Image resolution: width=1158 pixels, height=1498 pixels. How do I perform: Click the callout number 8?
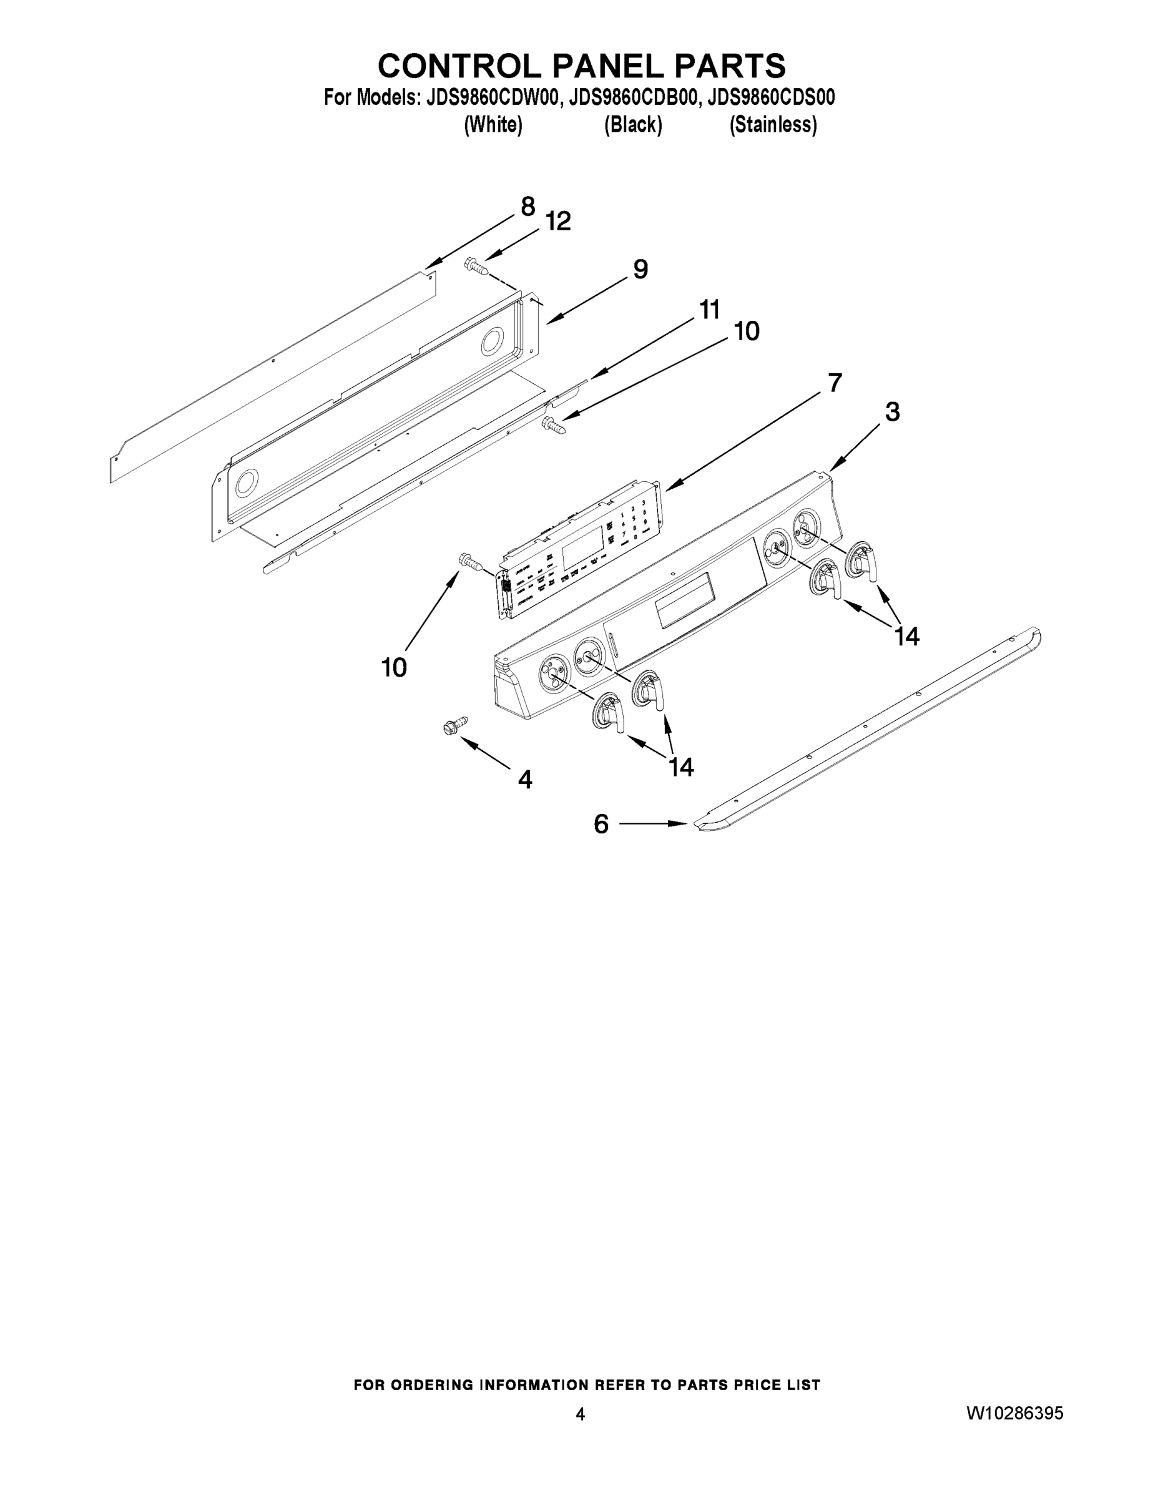[x=527, y=207]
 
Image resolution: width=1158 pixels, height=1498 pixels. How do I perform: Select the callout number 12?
[x=559, y=221]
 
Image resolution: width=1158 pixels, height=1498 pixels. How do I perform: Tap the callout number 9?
[x=640, y=269]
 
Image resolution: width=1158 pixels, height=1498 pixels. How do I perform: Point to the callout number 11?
[x=709, y=310]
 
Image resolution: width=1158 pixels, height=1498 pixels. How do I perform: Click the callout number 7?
[x=834, y=383]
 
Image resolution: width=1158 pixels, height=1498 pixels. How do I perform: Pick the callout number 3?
[x=892, y=411]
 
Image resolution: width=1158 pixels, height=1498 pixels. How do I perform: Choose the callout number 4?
[x=525, y=779]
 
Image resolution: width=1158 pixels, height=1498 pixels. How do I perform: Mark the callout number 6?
[x=601, y=824]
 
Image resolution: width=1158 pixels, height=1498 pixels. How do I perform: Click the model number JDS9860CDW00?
[x=493, y=97]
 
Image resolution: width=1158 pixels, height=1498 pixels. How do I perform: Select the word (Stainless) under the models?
[x=773, y=125]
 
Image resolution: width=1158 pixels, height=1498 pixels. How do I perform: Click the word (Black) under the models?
[x=632, y=125]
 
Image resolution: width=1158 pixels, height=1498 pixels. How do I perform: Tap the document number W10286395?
[x=1014, y=1413]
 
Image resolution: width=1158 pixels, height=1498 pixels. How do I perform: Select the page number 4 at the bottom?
[x=581, y=1414]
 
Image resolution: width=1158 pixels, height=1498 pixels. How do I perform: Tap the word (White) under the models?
[x=493, y=125]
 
